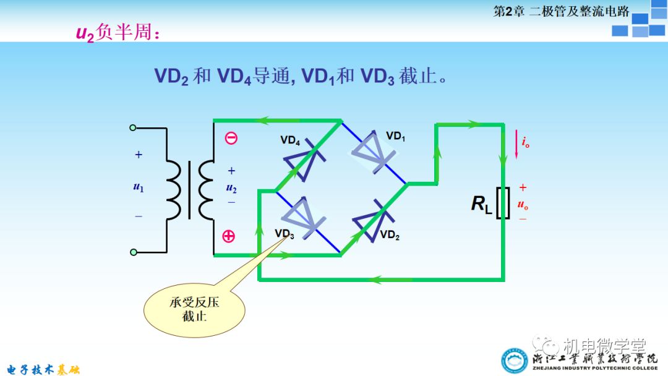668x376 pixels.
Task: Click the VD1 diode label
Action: pos(396,136)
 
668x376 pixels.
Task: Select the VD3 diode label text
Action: pos(284,233)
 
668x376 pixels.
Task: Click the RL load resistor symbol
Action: pos(505,203)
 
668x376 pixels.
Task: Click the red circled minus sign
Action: pos(231,138)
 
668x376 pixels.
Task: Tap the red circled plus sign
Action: pos(229,236)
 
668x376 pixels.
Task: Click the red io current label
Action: pos(525,143)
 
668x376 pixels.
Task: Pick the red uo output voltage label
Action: pos(523,203)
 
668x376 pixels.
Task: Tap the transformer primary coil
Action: pos(175,189)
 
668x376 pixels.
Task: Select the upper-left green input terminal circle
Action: pos(132,127)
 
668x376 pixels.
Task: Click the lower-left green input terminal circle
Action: pos(132,252)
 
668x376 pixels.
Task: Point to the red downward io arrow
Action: pos(516,143)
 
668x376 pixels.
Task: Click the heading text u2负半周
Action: pos(118,33)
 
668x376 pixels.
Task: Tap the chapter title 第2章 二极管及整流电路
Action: pos(560,11)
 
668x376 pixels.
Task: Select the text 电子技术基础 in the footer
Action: pos(40,369)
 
